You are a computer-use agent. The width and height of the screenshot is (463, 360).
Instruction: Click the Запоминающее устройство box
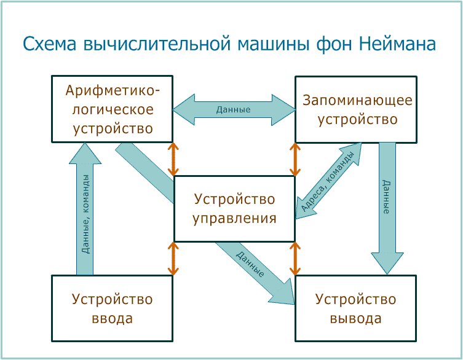click(356, 110)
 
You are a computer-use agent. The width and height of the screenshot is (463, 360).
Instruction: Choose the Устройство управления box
click(234, 209)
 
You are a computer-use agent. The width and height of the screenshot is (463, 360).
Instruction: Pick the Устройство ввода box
click(112, 308)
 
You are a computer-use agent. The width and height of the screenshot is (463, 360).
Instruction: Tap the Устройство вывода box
click(356, 308)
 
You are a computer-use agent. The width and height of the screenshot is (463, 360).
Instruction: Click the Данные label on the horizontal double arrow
click(233, 110)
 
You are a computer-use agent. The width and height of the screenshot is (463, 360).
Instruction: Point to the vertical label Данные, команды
click(85, 214)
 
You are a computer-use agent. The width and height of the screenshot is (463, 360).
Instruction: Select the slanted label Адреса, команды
click(328, 182)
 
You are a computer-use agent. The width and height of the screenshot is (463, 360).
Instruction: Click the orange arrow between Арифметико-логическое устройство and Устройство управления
click(173, 160)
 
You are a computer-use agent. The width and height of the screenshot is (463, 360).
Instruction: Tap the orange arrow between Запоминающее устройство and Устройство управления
click(295, 160)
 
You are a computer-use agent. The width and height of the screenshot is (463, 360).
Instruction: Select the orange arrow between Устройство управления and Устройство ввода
click(173, 258)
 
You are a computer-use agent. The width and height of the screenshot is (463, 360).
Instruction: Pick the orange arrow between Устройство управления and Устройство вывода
click(295, 258)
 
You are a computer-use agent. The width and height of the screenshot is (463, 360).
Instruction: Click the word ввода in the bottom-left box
click(112, 319)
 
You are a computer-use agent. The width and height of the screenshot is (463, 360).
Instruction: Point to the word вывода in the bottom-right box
click(356, 319)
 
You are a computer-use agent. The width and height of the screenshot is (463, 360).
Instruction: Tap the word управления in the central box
click(234, 218)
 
